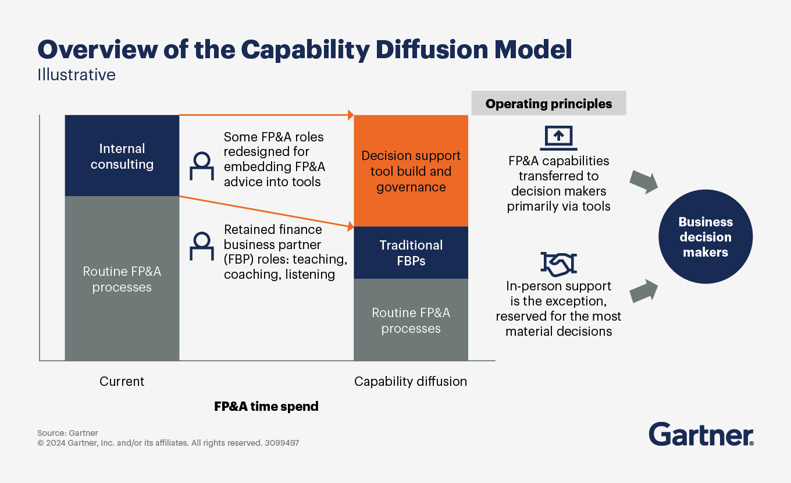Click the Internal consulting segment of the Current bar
[122, 156]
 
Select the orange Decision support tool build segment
[411, 171]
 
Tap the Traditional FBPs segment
[411, 253]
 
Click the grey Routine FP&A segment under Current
[122, 279]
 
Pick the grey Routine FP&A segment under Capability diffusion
[411, 320]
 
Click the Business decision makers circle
[705, 237]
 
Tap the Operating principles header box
[548, 104]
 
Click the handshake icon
[558, 264]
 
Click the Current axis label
[122, 382]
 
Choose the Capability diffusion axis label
[411, 382]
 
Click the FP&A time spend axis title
[266, 406]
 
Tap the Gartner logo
[701, 435]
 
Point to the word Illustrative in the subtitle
[76, 75]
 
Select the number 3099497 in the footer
[282, 443]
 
